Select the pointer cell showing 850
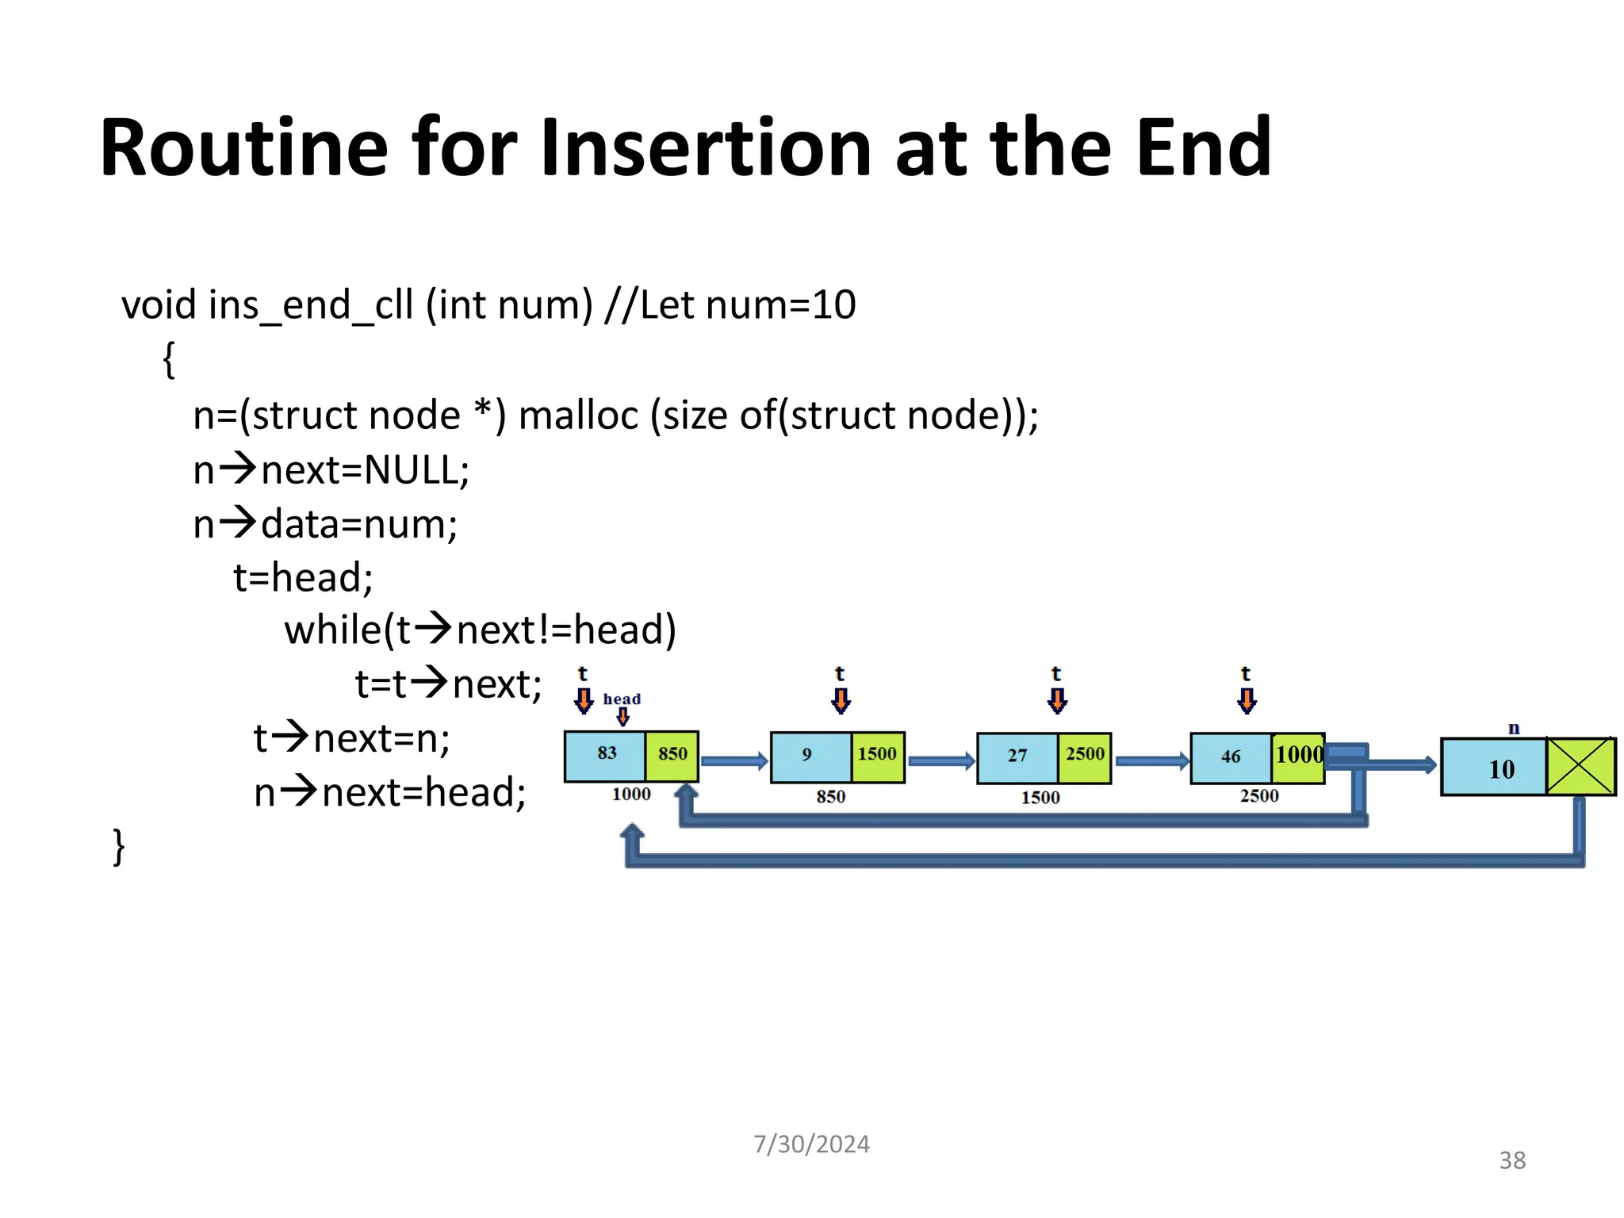tap(672, 754)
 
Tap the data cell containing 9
tap(810, 755)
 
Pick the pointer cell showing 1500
tap(877, 755)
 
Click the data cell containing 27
tap(1017, 756)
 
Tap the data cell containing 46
tap(1230, 757)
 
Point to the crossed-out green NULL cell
tap(1580, 766)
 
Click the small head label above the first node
tap(622, 699)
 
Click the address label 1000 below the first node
tap(631, 795)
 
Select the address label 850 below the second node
tap(830, 797)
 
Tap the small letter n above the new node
tap(1514, 728)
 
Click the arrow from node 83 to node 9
tap(734, 761)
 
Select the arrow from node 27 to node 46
tap(1151, 761)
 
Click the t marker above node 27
tap(1056, 675)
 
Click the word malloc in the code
tap(578, 416)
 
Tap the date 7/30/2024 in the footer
tap(811, 1144)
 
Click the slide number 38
tap(1512, 1161)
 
